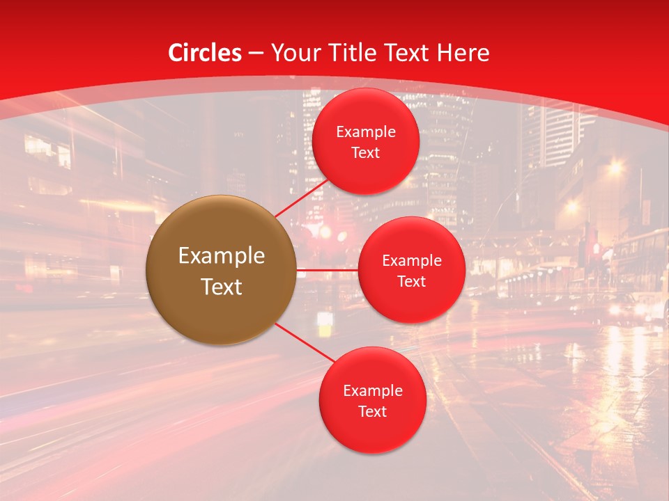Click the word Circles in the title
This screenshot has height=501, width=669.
[205, 53]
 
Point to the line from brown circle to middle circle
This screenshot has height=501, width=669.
[328, 269]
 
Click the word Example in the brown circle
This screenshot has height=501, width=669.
[222, 256]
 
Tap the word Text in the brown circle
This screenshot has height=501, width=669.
[222, 287]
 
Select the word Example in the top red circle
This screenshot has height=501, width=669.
[366, 132]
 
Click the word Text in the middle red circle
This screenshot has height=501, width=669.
[411, 282]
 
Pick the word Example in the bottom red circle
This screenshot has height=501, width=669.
[372, 391]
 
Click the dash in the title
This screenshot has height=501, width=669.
[256, 53]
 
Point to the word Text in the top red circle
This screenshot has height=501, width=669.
[366, 153]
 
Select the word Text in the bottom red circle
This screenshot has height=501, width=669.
[372, 412]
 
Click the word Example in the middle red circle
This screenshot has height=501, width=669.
[411, 261]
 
